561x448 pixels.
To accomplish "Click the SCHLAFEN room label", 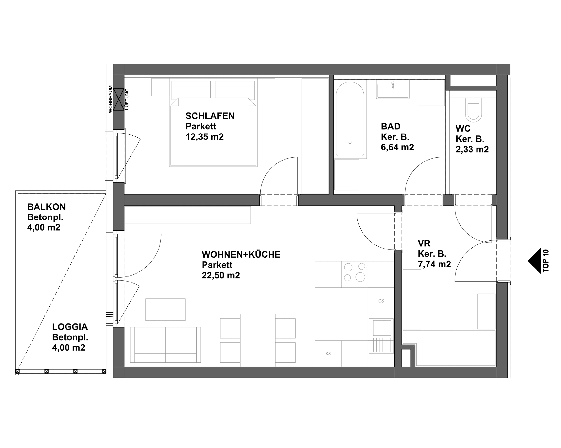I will tap(210, 116).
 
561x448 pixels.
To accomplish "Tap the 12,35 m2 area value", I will tap(205, 137).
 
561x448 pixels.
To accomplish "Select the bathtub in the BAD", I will tap(350, 119).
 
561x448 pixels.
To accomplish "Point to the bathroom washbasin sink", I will tap(393, 90).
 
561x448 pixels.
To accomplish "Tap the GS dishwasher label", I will tap(381, 301).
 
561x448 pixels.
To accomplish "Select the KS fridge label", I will tap(328, 354).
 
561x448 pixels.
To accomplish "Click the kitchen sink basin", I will tap(382, 328).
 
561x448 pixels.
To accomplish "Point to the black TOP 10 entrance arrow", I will tap(536, 261).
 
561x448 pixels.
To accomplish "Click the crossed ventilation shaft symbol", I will tap(119, 99).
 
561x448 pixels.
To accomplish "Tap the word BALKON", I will tap(47, 207).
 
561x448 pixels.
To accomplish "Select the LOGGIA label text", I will tap(70, 327).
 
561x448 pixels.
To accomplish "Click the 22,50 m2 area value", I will tap(221, 275).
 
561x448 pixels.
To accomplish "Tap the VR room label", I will tap(424, 243).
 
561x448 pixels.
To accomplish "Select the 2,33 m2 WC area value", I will tap(472, 149).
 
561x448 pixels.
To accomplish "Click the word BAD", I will tap(390, 126).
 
